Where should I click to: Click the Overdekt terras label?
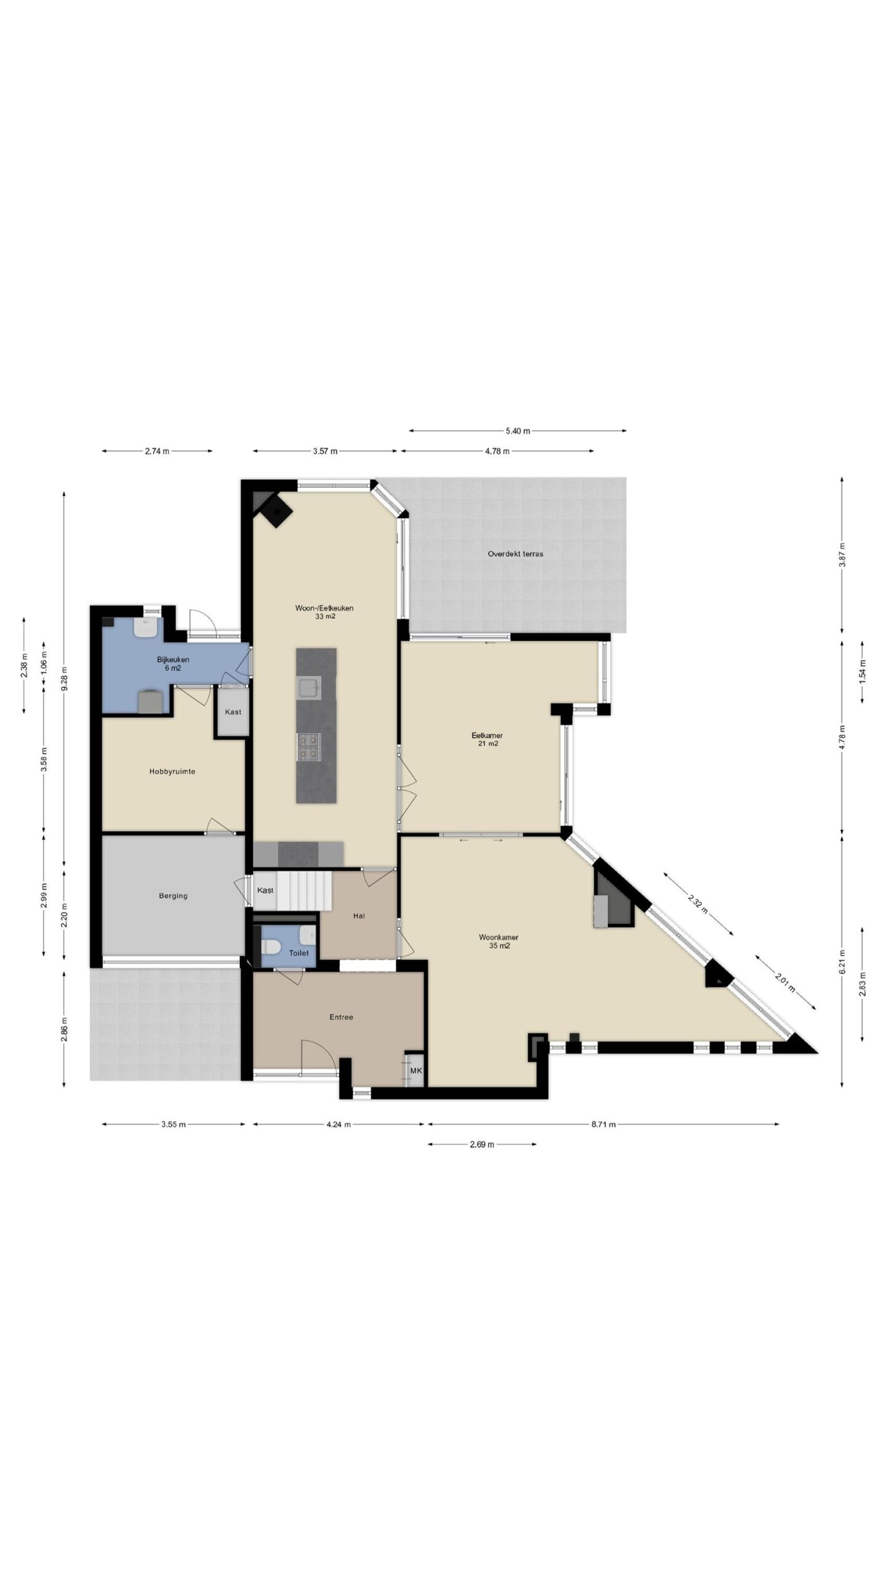coord(515,554)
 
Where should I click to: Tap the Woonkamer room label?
coord(498,938)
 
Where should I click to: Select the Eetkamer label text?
coord(487,735)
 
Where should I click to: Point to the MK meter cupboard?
coord(416,1071)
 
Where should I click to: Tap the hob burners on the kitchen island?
coord(308,745)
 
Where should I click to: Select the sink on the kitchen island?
coord(308,688)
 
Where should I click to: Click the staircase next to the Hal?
coord(304,890)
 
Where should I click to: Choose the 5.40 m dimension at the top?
coord(517,431)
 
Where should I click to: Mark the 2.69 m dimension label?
coord(482,1144)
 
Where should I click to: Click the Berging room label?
coord(173,896)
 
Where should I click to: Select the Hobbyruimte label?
coord(172,772)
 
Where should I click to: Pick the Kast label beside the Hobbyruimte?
coord(233,712)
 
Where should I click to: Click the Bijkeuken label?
coord(173,660)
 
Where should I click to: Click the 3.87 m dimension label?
coord(842,554)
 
